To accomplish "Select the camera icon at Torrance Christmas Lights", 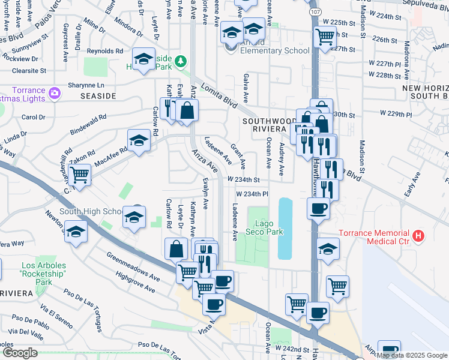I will click(x=55, y=92).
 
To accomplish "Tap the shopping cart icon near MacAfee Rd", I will click(x=79, y=175).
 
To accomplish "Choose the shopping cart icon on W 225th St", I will click(x=325, y=36).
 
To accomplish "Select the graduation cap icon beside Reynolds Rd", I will click(x=143, y=59).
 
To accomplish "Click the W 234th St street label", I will click(x=244, y=179).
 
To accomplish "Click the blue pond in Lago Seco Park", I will click(x=285, y=228).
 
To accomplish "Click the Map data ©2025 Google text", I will click(x=412, y=355).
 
